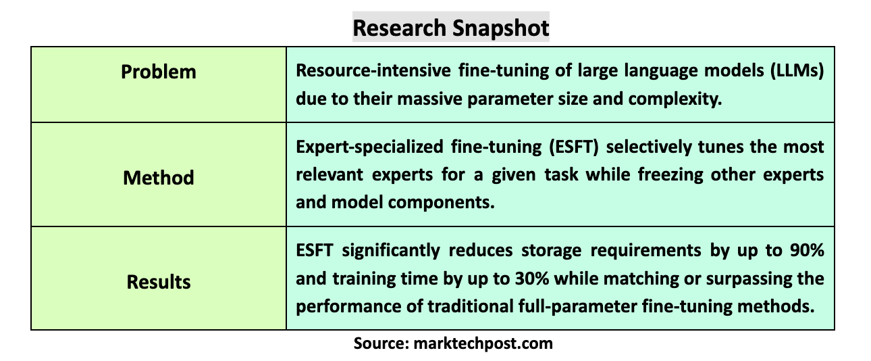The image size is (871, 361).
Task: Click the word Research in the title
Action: [x=399, y=28]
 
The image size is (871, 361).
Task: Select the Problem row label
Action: [x=159, y=72]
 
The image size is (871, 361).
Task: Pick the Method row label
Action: [x=159, y=178]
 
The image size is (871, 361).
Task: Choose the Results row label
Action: [x=159, y=281]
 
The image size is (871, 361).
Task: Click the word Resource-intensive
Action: [x=373, y=70]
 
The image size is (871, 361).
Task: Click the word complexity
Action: [x=675, y=99]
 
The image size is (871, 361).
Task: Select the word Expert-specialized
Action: [x=369, y=147]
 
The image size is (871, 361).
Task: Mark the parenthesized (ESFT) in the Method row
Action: [x=573, y=147]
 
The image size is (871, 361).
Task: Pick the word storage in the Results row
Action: [x=552, y=251]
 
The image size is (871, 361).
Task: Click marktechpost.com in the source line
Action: [x=483, y=344]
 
